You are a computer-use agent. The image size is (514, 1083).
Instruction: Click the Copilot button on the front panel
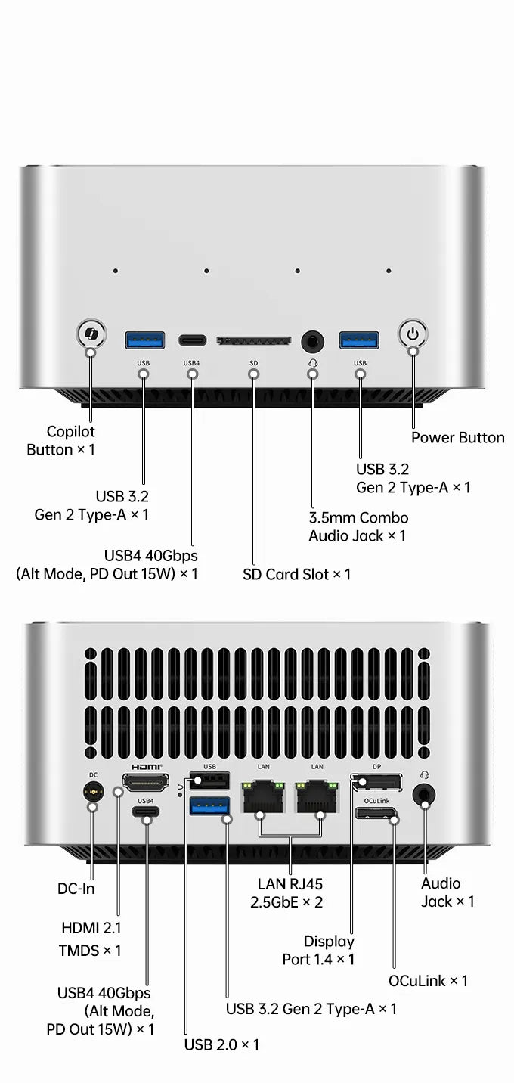(91, 333)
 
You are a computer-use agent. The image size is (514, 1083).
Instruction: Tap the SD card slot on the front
(254, 340)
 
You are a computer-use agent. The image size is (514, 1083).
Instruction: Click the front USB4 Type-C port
(192, 340)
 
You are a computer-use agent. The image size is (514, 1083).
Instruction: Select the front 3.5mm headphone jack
(312, 342)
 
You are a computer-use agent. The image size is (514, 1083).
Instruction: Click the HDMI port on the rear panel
(145, 782)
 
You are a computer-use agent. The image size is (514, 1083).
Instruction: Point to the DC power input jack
(93, 793)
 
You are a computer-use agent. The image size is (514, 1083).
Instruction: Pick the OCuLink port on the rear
(376, 813)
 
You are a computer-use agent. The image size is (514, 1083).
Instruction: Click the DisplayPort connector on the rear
(376, 782)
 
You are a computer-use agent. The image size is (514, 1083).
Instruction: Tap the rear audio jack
(424, 795)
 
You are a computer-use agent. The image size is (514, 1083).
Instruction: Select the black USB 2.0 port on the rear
(209, 780)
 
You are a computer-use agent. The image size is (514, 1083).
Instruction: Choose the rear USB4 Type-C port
(145, 811)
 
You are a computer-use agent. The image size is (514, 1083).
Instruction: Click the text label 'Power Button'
(457, 438)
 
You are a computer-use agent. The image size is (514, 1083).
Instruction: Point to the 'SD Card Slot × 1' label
(296, 574)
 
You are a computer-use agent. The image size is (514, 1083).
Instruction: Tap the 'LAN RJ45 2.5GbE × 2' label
(287, 893)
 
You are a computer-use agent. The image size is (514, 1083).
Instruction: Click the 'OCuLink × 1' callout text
(428, 980)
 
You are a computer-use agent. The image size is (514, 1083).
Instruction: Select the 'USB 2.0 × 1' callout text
(221, 1044)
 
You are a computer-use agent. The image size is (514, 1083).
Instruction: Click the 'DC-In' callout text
(76, 888)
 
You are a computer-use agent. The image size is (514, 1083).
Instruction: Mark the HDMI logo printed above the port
(147, 767)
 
